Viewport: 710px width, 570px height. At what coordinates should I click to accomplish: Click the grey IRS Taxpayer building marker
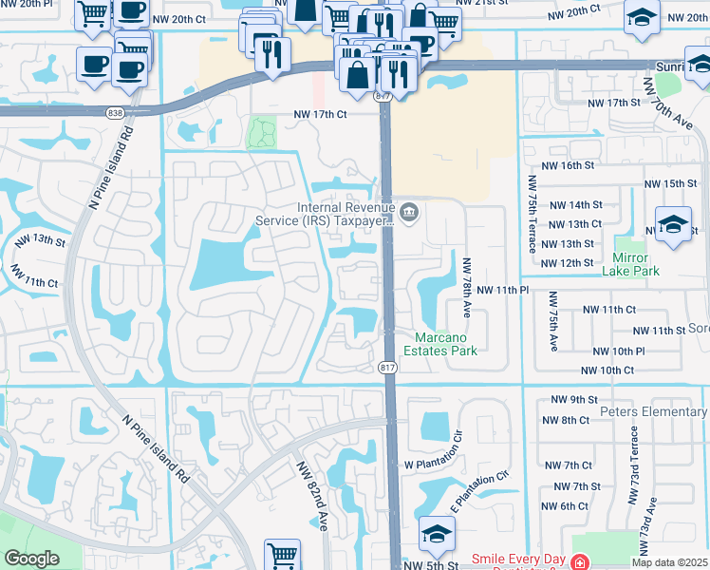(410, 211)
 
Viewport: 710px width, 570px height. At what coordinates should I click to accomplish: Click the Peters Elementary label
(654, 412)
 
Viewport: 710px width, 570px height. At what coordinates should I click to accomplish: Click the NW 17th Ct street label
(322, 114)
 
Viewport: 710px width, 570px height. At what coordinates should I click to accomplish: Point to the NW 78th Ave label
(466, 285)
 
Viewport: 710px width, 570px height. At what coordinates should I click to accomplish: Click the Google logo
(31, 559)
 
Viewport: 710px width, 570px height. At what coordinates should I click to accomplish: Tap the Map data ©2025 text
(669, 562)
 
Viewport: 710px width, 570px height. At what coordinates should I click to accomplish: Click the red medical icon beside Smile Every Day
(580, 562)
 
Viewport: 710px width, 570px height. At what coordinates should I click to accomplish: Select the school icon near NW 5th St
(437, 534)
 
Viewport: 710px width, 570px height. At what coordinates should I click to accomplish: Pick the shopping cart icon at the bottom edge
(283, 554)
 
